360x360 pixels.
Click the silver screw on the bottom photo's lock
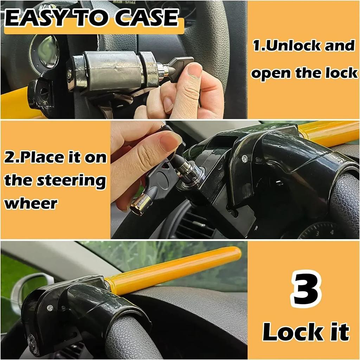coord(50,308)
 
